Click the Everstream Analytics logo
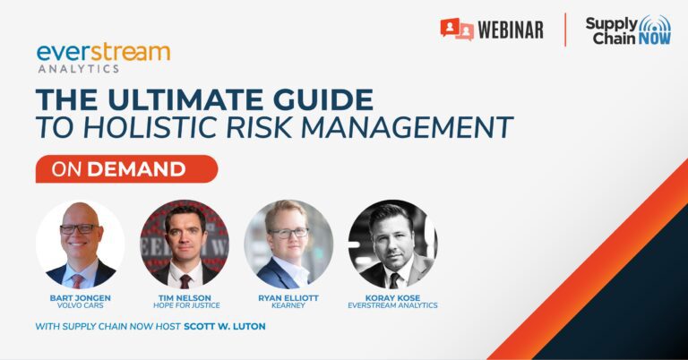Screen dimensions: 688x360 tap(104, 58)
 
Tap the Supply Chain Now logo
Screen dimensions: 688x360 tap(628, 30)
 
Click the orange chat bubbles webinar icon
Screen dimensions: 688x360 tap(457, 30)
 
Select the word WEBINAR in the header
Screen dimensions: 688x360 tap(511, 30)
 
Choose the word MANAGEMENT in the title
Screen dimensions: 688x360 tap(407, 127)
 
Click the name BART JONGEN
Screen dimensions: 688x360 tap(81, 297)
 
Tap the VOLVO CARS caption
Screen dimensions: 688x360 tap(81, 305)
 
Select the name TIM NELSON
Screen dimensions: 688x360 tap(185, 297)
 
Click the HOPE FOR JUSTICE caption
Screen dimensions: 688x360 tap(186, 305)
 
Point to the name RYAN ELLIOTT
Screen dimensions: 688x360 tap(288, 297)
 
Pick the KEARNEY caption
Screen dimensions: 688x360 tap(288, 305)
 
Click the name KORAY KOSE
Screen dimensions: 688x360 tap(392, 297)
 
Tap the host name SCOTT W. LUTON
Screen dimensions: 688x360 tap(225, 326)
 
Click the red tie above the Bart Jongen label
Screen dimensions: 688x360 tap(78, 280)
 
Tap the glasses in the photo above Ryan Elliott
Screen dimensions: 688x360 tap(288, 233)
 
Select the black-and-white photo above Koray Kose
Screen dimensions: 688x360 tap(392, 244)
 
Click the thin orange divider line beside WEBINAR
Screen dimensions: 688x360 tap(565, 30)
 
